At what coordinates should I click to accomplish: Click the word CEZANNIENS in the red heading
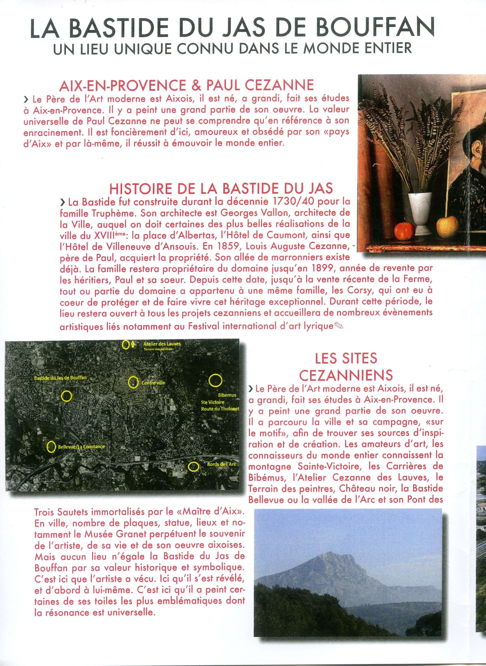pos(346,375)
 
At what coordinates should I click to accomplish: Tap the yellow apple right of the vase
pos(447,227)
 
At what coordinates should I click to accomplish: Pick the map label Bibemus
pos(227,395)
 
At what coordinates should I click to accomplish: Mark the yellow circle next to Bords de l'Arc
pos(193,466)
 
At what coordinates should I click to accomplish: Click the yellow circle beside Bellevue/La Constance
pos(51,447)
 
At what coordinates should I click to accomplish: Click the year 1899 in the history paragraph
pos(322,268)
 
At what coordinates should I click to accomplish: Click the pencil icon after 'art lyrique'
pos(339,326)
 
